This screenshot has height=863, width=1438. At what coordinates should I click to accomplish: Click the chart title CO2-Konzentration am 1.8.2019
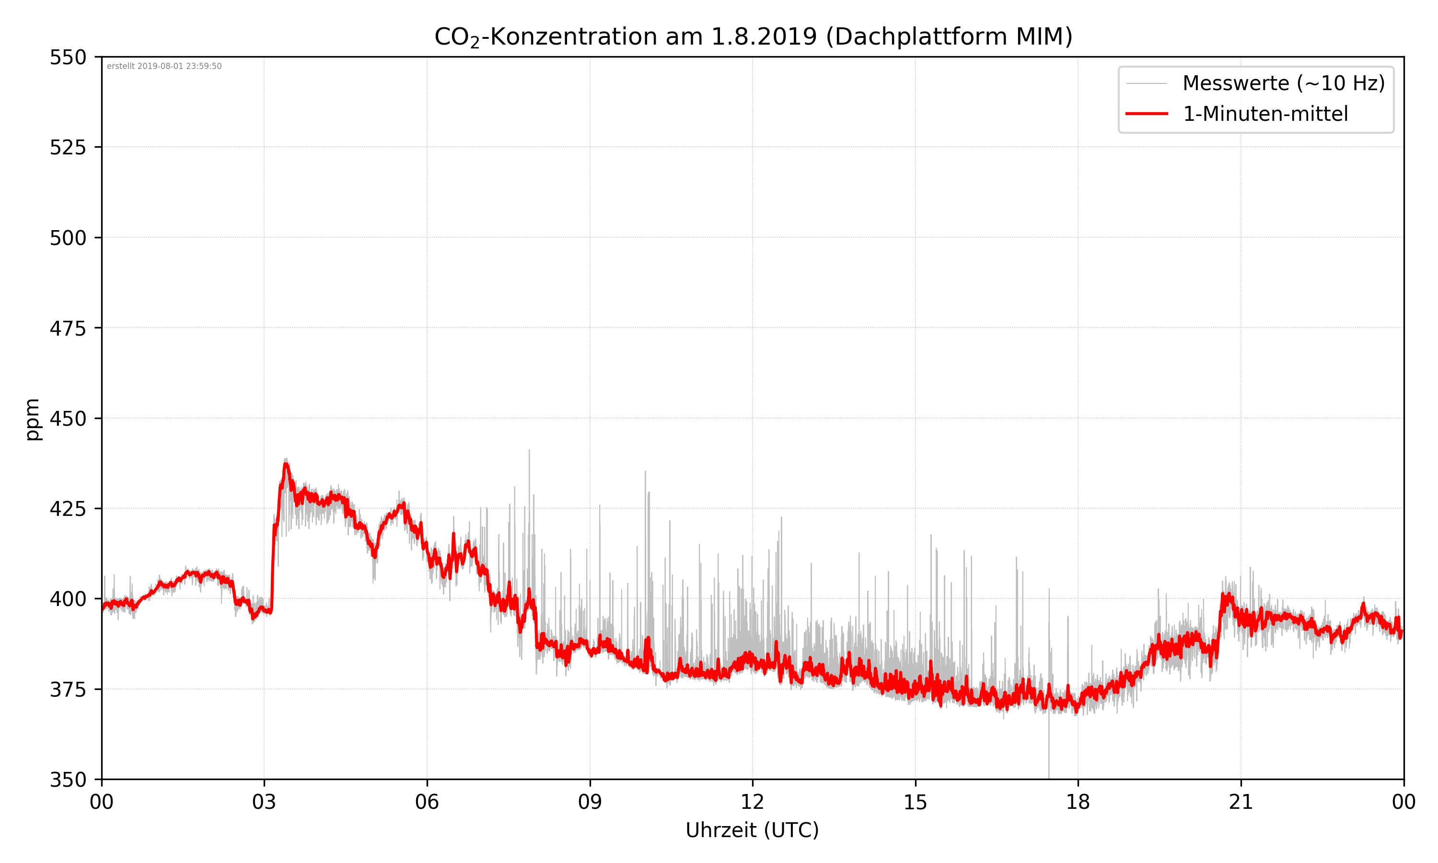pyautogui.click(x=753, y=36)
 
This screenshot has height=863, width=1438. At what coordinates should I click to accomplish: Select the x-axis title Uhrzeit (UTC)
pyautogui.click(x=752, y=830)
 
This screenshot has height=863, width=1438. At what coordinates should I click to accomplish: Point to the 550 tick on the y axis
pyautogui.click(x=68, y=58)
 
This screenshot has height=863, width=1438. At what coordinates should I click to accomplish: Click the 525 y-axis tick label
pyautogui.click(x=68, y=148)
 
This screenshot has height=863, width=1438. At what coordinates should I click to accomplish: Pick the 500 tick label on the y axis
pyautogui.click(x=68, y=238)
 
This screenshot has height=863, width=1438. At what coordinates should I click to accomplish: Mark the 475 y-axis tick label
pyautogui.click(x=68, y=328)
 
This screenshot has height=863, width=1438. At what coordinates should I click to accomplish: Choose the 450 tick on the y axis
pyautogui.click(x=68, y=419)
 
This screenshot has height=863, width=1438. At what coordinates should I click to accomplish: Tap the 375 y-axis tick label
pyautogui.click(x=68, y=690)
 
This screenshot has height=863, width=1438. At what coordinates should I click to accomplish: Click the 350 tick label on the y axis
pyautogui.click(x=68, y=780)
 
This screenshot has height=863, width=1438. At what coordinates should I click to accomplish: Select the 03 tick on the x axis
pyautogui.click(x=264, y=803)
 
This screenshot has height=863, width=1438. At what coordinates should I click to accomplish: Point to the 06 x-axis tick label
pyautogui.click(x=427, y=803)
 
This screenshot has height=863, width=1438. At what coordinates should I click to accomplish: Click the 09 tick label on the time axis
pyautogui.click(x=590, y=803)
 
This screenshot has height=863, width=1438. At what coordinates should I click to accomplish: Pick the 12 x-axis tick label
pyautogui.click(x=752, y=803)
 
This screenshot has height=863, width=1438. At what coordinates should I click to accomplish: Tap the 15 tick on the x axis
pyautogui.click(x=915, y=803)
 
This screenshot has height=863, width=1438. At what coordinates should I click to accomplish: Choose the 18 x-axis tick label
pyautogui.click(x=1078, y=803)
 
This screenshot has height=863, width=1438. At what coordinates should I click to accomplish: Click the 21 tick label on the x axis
pyautogui.click(x=1241, y=803)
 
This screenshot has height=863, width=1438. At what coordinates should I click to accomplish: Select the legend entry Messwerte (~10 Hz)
pyautogui.click(x=1283, y=83)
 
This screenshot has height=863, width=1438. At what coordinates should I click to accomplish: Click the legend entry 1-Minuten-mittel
pyautogui.click(x=1265, y=114)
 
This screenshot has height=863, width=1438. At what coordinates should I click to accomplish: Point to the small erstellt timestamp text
pyautogui.click(x=164, y=66)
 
